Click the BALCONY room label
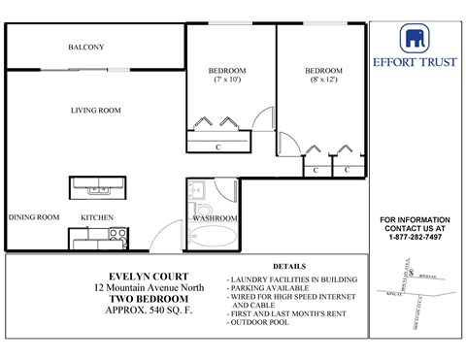86,47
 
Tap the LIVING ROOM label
95,111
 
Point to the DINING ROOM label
34,217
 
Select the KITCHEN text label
97,217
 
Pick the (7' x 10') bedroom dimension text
227,81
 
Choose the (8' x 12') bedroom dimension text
323,81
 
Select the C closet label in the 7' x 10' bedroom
219,147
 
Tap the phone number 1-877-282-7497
413,237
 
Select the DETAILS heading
289,266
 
